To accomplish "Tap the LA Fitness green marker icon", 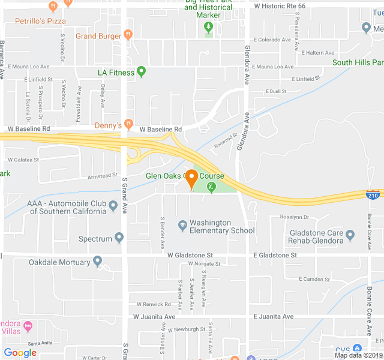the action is pyautogui.click(x=142, y=73).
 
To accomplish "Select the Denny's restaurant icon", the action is pyautogui.click(x=128, y=125).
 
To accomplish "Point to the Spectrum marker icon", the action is pyautogui.click(x=119, y=239).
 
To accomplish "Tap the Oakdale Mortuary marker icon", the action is pyautogui.click(x=98, y=262).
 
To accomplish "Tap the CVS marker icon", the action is pyautogui.click(x=358, y=349).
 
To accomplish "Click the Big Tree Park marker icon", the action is pyautogui.click(x=208, y=26).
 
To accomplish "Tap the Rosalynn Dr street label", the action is pyautogui.click(x=294, y=217).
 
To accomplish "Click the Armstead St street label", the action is pyautogui.click(x=103, y=176).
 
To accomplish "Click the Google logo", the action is pyautogui.click(x=20, y=353).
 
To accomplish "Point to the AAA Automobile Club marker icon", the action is pyautogui.click(x=112, y=204).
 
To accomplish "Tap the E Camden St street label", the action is pyautogui.click(x=307, y=279).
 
